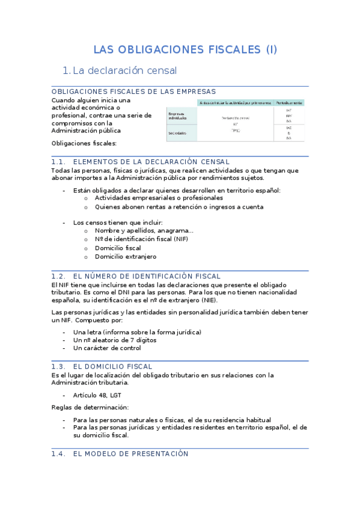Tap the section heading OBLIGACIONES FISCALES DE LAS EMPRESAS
[133, 91]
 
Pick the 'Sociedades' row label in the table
[177, 133]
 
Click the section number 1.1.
[58, 162]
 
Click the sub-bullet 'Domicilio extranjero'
[126, 256]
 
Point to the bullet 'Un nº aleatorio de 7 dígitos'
[115, 340]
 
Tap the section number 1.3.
[58, 366]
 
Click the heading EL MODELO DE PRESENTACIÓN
[130, 454]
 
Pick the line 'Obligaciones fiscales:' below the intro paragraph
[84, 143]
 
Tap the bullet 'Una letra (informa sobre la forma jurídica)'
[137, 332]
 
